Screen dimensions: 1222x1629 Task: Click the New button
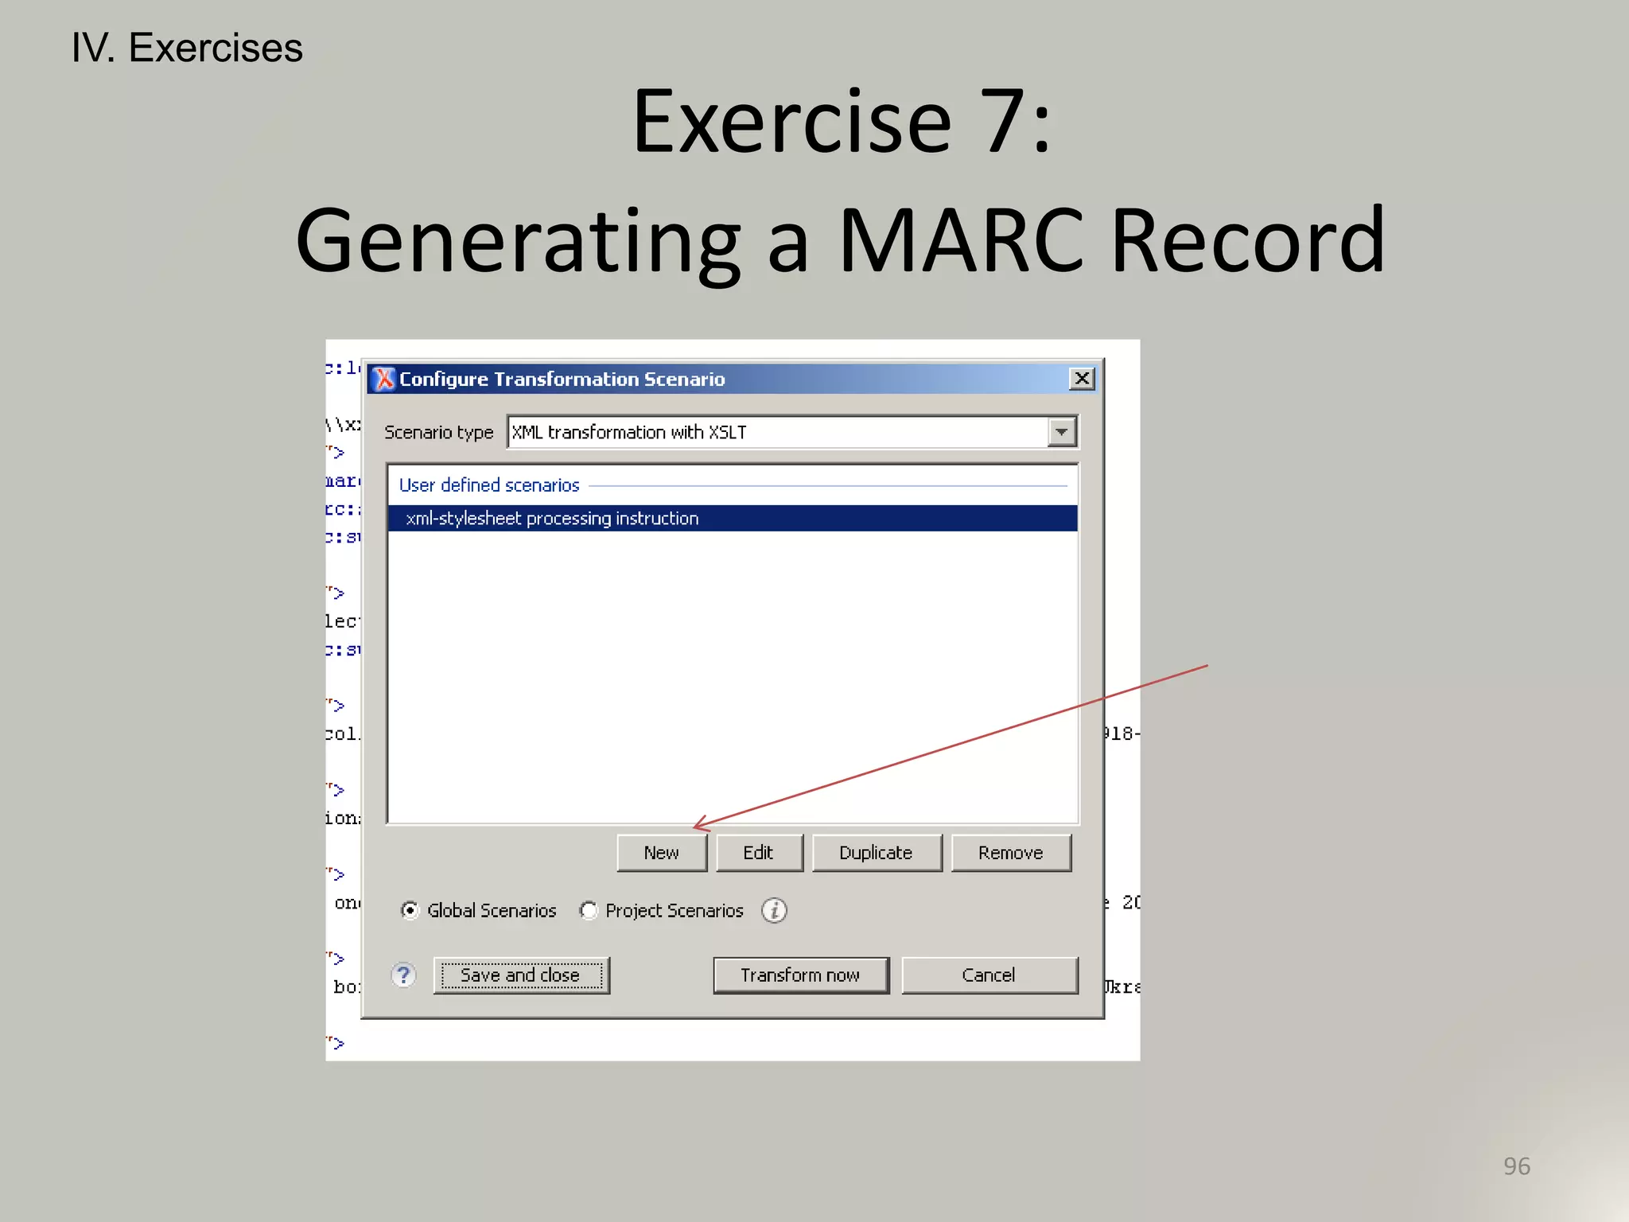point(661,853)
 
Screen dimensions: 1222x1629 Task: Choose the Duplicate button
point(876,853)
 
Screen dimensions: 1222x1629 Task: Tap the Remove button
point(1010,853)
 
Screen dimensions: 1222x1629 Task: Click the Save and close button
point(521,975)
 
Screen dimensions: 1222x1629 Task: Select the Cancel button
point(989,975)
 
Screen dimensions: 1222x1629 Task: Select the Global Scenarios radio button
point(410,910)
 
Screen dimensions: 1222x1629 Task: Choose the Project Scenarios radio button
point(589,910)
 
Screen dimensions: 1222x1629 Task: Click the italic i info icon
point(774,910)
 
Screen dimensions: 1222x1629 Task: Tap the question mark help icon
point(404,975)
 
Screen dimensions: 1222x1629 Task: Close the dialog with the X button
point(1082,379)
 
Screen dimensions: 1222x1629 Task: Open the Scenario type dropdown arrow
point(1062,432)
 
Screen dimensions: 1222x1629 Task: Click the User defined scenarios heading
point(489,485)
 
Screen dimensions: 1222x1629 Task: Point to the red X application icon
point(384,379)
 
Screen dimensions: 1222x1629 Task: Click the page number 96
point(1516,1166)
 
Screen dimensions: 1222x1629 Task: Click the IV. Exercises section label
point(187,48)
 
